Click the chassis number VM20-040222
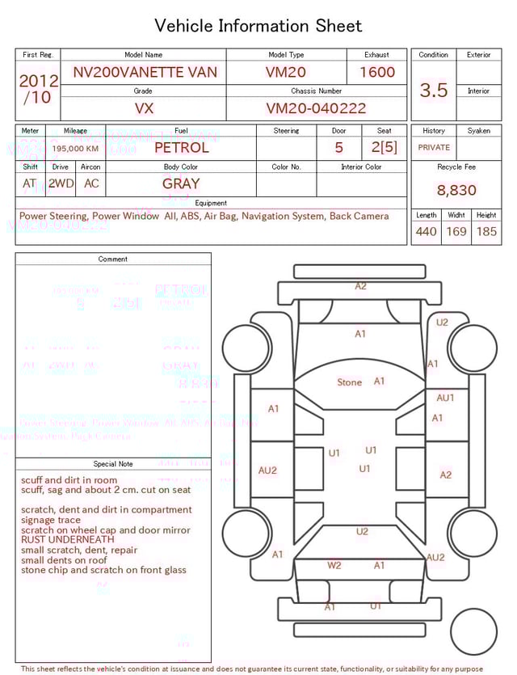pyautogui.click(x=316, y=108)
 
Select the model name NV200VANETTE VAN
pyautogui.click(x=145, y=72)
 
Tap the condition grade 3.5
pyautogui.click(x=434, y=90)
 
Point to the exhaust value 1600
pyautogui.click(x=377, y=72)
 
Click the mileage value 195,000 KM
pyautogui.click(x=75, y=149)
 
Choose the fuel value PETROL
pyautogui.click(x=181, y=147)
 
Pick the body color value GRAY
pyautogui.click(x=181, y=184)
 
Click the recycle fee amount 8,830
pyautogui.click(x=456, y=190)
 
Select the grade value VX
pyautogui.click(x=144, y=108)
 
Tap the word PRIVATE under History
pyautogui.click(x=434, y=147)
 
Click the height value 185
pyautogui.click(x=486, y=231)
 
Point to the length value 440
pyautogui.click(x=426, y=231)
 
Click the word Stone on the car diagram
pyautogui.click(x=350, y=382)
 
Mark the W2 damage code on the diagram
pyautogui.click(x=334, y=566)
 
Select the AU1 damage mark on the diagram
pyautogui.click(x=445, y=398)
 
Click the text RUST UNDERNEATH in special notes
pyautogui.click(x=68, y=540)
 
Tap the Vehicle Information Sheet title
pyautogui.click(x=258, y=26)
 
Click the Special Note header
pyautogui.click(x=113, y=464)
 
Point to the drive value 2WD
pyautogui.click(x=61, y=184)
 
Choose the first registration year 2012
pyautogui.click(x=38, y=81)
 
